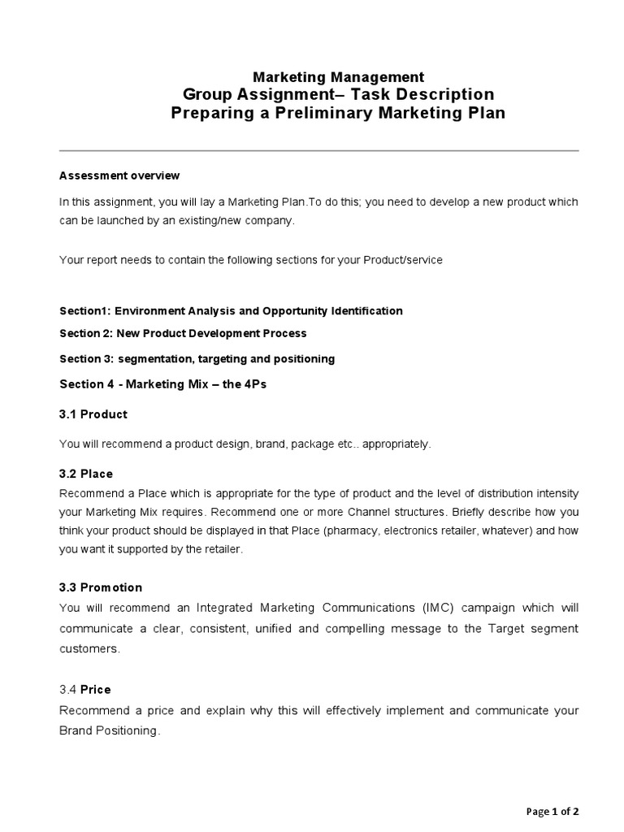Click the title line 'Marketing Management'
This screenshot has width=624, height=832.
tap(338, 77)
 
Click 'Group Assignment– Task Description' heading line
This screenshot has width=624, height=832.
tap(338, 94)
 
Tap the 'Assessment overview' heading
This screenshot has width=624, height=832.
tap(119, 175)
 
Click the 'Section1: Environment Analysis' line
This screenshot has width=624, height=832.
tap(231, 310)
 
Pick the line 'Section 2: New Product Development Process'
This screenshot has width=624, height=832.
tap(183, 333)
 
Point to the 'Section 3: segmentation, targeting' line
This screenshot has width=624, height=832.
tap(197, 358)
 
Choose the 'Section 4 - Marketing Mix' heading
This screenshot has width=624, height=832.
tap(162, 384)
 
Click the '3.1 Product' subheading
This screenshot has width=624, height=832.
tap(93, 414)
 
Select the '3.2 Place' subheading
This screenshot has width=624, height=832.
tap(86, 474)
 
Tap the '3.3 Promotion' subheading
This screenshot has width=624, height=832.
tap(101, 587)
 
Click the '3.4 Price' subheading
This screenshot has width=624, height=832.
tap(84, 690)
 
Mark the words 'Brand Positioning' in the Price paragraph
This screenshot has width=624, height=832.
tap(109, 730)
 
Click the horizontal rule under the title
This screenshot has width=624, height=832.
tap(319, 151)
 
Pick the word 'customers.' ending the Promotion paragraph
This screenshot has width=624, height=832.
tap(89, 648)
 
